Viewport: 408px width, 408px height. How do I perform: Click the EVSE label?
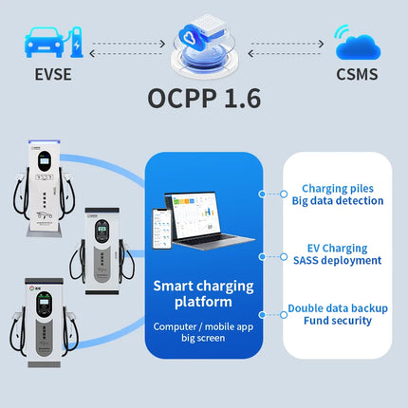click(x=53, y=74)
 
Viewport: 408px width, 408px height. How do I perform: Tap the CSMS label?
click(x=357, y=74)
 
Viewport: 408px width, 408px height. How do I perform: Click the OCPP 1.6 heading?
click(x=204, y=99)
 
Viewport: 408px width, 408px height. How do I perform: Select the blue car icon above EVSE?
click(x=44, y=43)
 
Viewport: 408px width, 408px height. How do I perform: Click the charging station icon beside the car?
click(x=76, y=43)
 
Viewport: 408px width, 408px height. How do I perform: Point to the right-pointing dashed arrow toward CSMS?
click(x=287, y=44)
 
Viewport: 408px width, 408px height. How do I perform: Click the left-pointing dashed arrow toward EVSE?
click(x=126, y=53)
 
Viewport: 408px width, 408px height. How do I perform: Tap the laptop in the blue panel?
click(x=209, y=220)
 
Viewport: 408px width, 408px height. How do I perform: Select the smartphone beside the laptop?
click(x=162, y=229)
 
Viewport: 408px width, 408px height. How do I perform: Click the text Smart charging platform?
click(x=203, y=293)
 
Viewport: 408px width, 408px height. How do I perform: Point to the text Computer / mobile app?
click(x=203, y=326)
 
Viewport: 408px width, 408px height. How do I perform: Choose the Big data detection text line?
click(x=338, y=201)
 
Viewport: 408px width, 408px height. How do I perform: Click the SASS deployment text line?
click(x=337, y=260)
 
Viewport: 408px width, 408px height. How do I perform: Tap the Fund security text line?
click(x=338, y=321)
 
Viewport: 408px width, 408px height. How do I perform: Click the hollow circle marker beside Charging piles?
click(x=284, y=194)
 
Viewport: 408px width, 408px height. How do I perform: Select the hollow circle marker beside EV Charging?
click(x=284, y=256)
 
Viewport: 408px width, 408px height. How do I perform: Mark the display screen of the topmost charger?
click(x=45, y=161)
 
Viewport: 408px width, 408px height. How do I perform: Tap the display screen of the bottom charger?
click(x=44, y=303)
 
